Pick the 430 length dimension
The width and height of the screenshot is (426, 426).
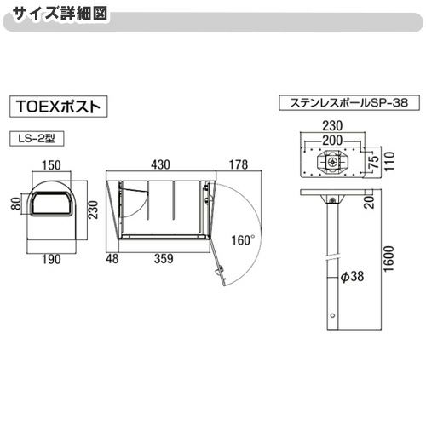(160, 164)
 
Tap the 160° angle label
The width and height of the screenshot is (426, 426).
(242, 241)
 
